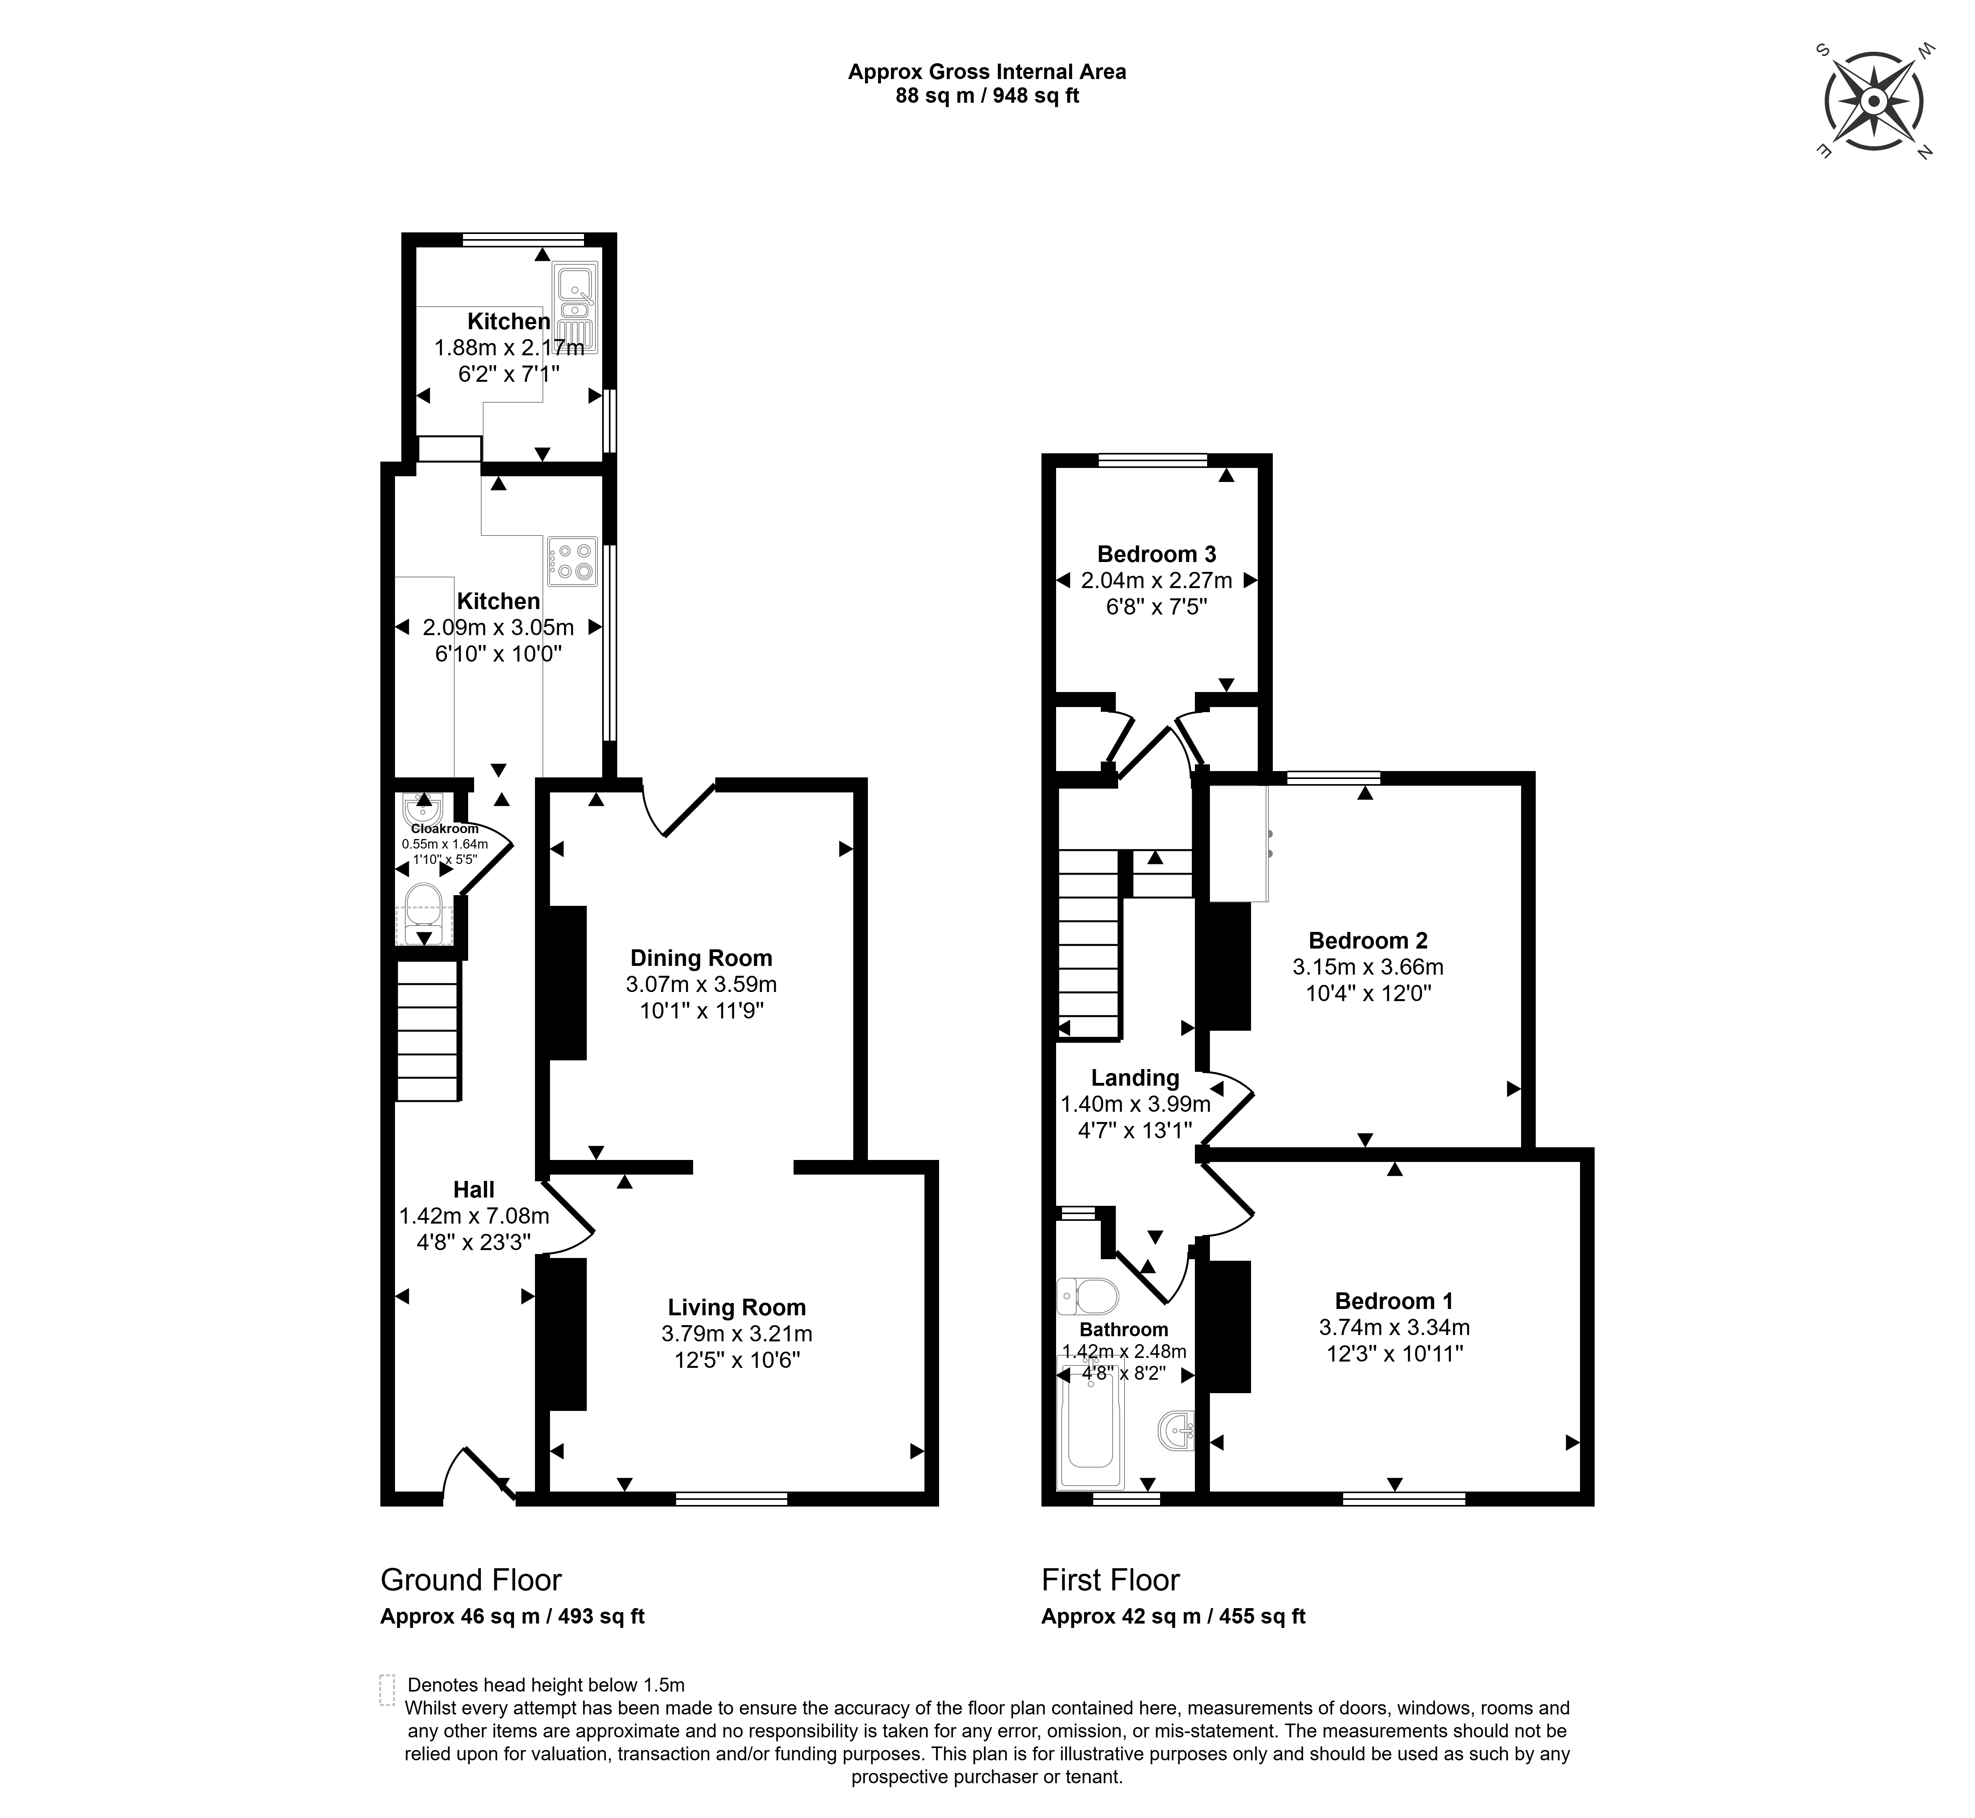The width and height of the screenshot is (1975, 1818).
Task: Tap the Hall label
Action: coord(473,1189)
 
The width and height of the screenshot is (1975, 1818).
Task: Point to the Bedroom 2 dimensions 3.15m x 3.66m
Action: coord(1368,967)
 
